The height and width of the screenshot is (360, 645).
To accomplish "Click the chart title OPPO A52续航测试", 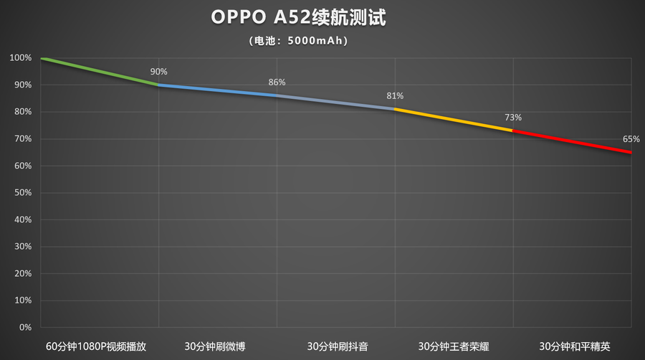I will point(298,19).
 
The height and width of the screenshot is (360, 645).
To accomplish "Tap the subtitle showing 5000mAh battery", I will point(298,41).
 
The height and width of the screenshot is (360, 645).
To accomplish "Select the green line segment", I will point(100,71).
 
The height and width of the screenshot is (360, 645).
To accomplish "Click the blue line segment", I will point(217,90).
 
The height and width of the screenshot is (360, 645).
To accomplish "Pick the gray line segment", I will point(335,103).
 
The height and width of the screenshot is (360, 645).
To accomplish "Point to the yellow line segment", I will point(454,120).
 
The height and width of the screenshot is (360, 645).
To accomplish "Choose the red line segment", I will point(572,142).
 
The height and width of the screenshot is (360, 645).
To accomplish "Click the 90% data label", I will point(158,72).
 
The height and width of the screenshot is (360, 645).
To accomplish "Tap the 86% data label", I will point(277,82).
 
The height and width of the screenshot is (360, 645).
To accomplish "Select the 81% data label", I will point(395,95).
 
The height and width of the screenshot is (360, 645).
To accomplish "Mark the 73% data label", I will point(512,117).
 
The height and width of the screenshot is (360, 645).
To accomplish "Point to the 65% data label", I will point(631,139).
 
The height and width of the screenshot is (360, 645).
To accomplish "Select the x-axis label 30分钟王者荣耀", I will point(453,346).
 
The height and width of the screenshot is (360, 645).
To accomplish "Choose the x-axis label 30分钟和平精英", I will point(572,346).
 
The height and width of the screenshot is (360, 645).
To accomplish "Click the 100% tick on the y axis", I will point(21,58).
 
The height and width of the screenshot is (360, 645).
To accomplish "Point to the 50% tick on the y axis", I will point(23,193).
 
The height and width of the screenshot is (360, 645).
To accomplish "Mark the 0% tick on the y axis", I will point(26,328).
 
